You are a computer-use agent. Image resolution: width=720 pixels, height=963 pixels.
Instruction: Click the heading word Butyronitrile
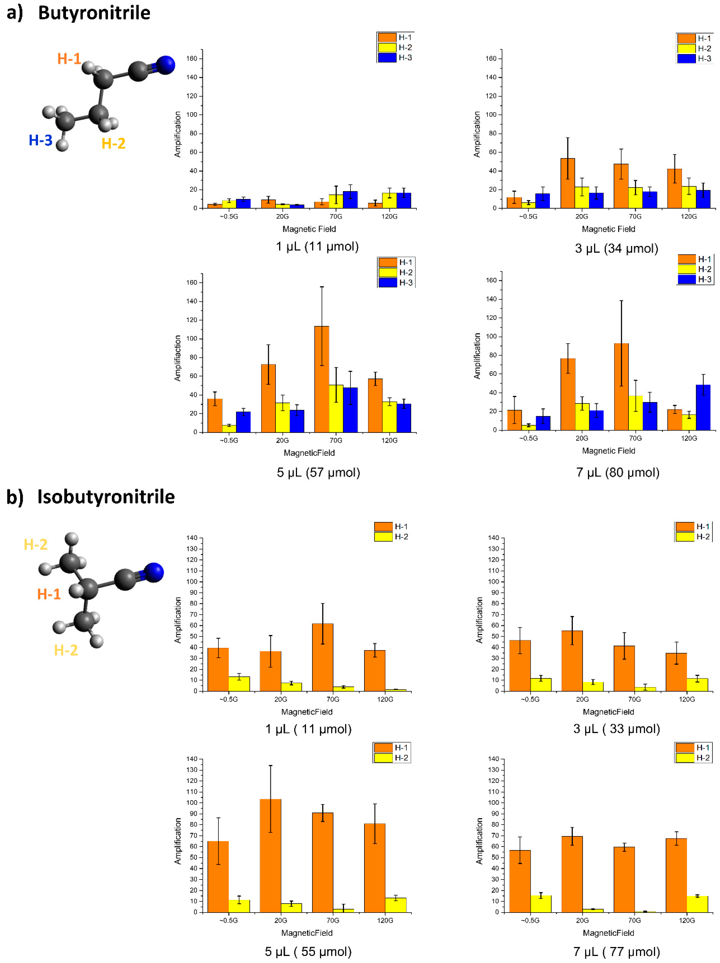94,13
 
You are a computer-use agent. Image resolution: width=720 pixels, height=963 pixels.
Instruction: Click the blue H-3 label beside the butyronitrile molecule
40,140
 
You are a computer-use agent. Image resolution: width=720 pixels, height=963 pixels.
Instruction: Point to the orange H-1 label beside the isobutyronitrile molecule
49,594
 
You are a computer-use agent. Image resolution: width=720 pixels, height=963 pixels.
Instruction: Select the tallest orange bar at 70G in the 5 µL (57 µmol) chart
322,379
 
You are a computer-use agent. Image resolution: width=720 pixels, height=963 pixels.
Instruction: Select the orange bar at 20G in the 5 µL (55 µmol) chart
270,855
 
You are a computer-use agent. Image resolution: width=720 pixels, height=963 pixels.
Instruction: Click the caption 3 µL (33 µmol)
616,729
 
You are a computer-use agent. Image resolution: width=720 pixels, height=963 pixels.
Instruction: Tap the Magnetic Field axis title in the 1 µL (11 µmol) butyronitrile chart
309,229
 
